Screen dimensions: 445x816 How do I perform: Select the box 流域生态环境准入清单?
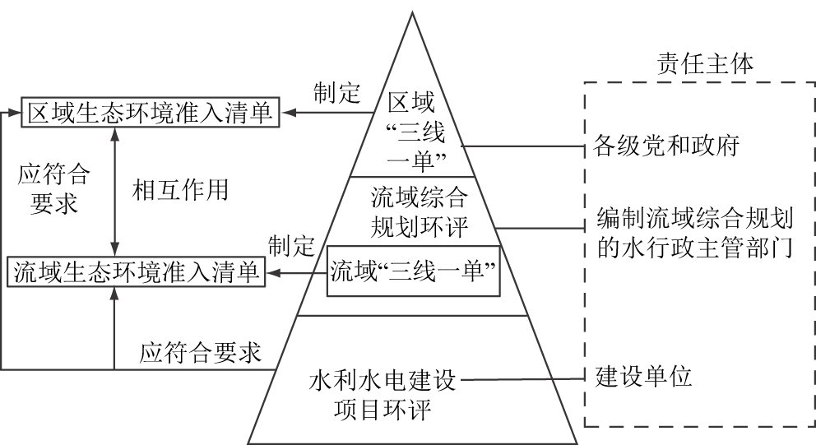point(137,272)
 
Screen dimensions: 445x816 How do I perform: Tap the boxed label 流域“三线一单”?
point(415,270)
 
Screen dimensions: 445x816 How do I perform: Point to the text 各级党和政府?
point(666,147)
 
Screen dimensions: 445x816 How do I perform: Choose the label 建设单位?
point(643,378)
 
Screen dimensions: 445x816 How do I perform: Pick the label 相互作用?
point(179,190)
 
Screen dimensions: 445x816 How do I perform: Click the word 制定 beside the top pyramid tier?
point(337,93)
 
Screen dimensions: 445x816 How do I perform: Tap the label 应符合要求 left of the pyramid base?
point(200,354)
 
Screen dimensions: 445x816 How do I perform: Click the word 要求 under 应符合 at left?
point(53,204)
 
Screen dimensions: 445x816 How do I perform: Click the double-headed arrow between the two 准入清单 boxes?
point(115,190)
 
